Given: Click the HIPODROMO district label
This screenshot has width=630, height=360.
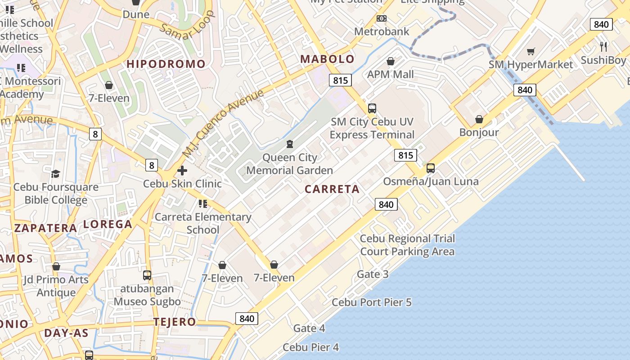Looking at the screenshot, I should point(166,64).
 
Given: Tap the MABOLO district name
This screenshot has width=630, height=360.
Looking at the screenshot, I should point(327,59).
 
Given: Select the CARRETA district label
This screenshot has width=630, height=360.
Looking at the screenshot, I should point(332,189).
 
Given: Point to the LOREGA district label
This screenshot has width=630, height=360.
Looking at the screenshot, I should point(108,224).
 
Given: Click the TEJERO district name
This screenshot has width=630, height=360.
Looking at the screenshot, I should point(175,322).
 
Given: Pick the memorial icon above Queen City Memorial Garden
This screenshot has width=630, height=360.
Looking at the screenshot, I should point(290,144).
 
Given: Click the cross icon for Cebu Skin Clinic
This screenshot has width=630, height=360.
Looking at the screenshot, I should point(182,171).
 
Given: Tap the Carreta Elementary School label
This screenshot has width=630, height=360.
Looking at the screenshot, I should point(203,223).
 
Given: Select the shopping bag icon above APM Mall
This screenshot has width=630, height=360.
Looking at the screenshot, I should point(391,61).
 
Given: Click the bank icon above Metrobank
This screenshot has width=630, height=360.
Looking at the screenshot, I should point(382,18).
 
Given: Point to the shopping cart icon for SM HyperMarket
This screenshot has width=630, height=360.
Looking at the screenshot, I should point(531,52).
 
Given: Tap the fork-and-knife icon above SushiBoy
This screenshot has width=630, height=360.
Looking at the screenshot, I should point(603,46).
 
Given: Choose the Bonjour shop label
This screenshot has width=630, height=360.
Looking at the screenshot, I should point(479,132).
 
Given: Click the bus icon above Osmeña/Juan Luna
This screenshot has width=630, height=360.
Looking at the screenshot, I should point(431,168).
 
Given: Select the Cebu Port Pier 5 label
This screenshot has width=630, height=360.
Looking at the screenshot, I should point(372,302).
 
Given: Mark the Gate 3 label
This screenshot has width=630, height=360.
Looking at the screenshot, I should point(373,274).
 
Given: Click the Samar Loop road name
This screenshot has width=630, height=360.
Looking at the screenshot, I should point(187,28).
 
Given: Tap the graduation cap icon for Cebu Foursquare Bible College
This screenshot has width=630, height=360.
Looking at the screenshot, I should point(56,174).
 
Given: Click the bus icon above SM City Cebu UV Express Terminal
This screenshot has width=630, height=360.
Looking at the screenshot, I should point(372,108).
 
